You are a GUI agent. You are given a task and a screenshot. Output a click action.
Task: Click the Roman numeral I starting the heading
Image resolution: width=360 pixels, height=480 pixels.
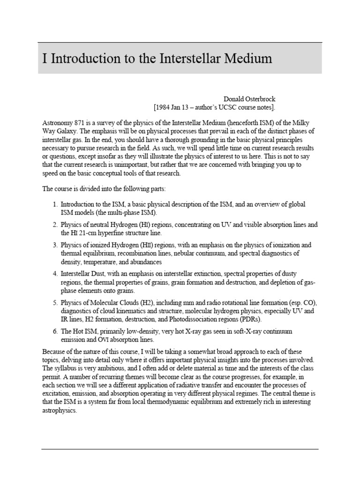(x=45, y=59)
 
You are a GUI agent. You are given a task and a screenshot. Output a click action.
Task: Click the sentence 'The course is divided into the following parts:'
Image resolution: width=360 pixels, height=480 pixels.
(x=106, y=189)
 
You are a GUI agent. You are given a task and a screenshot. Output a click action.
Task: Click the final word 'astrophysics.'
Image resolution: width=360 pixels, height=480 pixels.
(x=60, y=409)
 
